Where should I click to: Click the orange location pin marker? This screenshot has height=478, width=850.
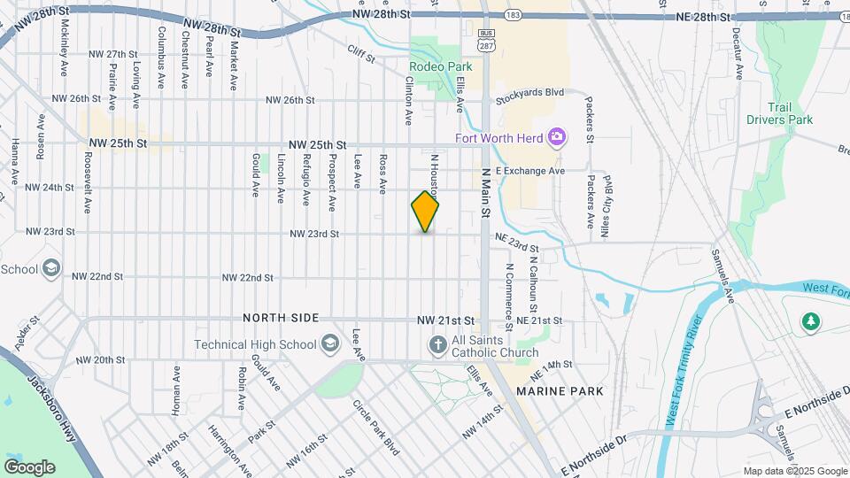click(x=425, y=211)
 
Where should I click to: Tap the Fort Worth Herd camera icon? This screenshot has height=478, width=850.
click(x=558, y=137)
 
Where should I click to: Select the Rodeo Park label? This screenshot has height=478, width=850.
click(x=440, y=66)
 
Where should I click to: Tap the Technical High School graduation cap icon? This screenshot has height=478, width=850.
click(x=330, y=343)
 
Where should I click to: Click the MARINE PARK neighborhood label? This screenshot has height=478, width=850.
click(x=560, y=390)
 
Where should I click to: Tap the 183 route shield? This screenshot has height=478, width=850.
click(x=513, y=16)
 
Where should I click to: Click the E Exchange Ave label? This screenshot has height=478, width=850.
click(x=529, y=170)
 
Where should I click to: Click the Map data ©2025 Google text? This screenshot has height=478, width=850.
click(x=794, y=471)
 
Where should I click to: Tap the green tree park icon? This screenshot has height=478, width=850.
click(x=810, y=322)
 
